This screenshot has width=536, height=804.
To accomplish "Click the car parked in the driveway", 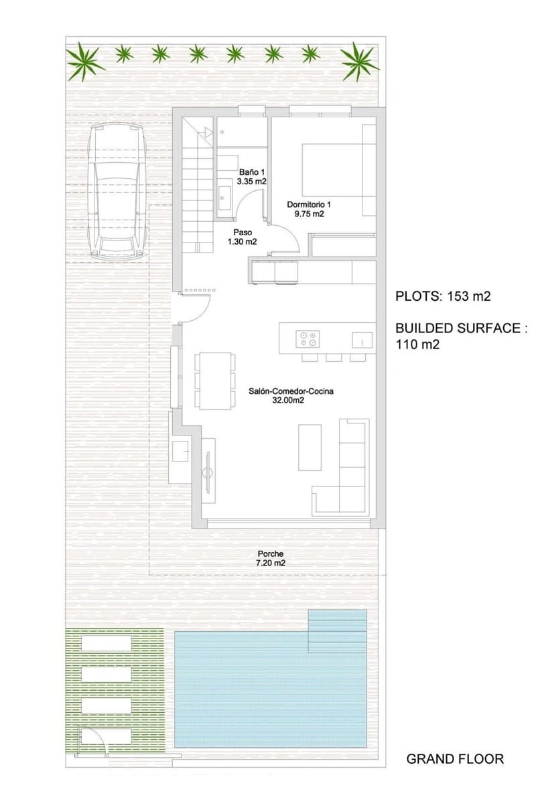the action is click(x=118, y=191).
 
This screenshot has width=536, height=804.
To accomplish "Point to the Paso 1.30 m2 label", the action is click(x=243, y=237).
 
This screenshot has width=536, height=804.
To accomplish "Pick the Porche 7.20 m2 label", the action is click(x=270, y=559).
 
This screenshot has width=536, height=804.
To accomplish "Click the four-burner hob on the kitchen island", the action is click(x=308, y=339).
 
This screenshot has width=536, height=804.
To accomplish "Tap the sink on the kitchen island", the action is click(x=362, y=340).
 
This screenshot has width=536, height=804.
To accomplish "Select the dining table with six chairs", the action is click(x=215, y=381).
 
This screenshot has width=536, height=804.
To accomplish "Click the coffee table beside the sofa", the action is click(x=310, y=448).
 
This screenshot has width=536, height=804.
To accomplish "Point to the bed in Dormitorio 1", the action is click(x=332, y=170).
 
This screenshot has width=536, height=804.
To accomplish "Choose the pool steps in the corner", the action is click(x=338, y=630).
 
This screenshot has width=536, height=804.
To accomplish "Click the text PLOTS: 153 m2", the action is click(x=443, y=296).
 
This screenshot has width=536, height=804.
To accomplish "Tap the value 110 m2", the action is click(x=417, y=344).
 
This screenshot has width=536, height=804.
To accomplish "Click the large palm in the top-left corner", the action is click(x=84, y=62).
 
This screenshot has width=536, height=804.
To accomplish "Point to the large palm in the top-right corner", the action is click(x=358, y=62).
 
